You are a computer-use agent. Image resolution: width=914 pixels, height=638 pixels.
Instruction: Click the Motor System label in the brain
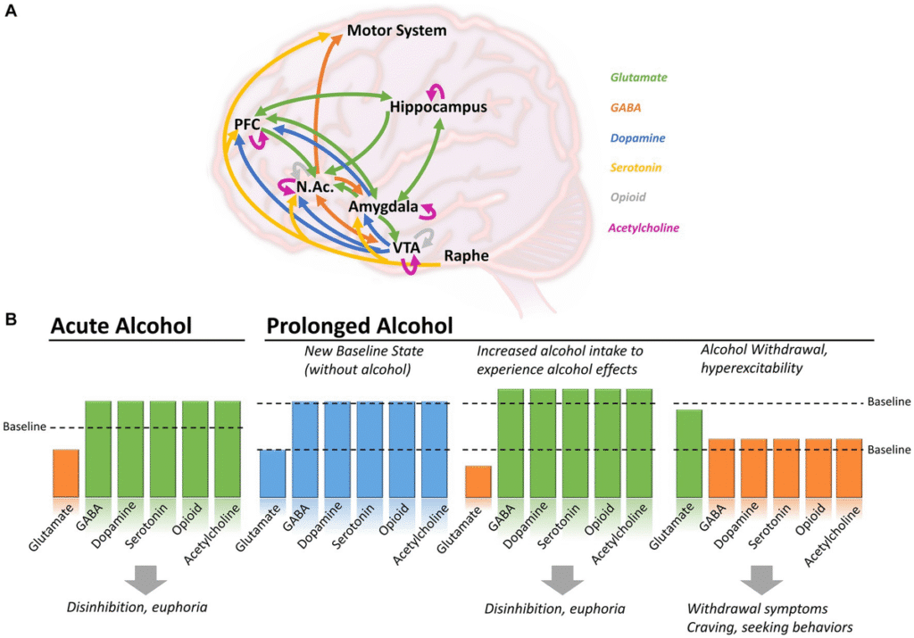[396, 31]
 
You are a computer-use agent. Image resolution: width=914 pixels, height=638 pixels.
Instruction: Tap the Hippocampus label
[438, 107]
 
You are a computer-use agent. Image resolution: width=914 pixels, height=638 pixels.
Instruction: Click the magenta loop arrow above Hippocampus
[437, 90]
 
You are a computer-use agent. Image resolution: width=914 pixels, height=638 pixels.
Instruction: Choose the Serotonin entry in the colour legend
[636, 167]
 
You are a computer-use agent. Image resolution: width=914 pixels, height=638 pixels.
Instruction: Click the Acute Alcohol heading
[121, 326]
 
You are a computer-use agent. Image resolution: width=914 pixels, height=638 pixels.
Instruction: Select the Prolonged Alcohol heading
[360, 326]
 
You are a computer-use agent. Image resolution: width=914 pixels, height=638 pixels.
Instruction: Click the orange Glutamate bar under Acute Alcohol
[65, 473]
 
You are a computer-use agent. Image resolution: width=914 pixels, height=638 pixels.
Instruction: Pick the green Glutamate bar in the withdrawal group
[688, 453]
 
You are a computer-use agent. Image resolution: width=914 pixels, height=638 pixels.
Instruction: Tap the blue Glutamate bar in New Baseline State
[272, 473]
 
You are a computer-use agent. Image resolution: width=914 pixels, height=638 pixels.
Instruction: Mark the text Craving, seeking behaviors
[770, 627]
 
